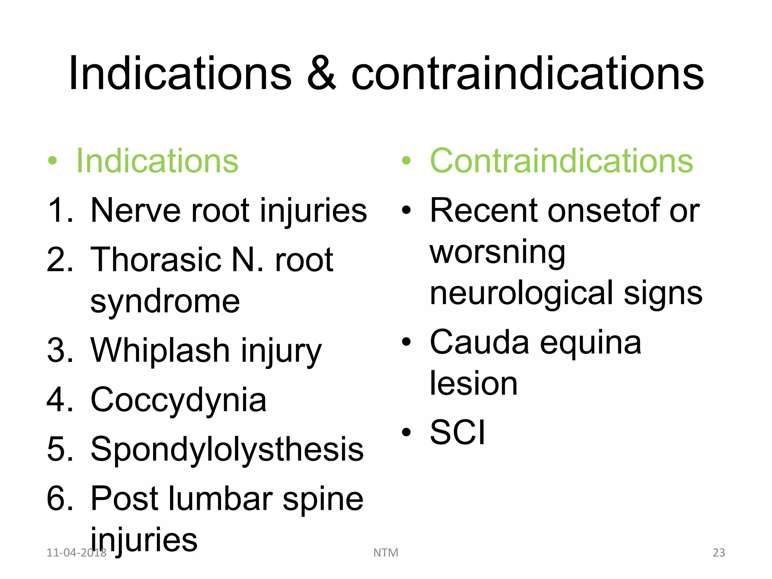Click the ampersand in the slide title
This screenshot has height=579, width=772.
click(x=321, y=74)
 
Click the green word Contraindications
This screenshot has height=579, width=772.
click(x=561, y=161)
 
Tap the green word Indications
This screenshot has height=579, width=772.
click(x=157, y=161)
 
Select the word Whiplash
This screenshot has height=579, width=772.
click(x=160, y=350)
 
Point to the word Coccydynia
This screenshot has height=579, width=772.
click(x=178, y=400)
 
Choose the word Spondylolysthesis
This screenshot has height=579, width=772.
click(x=227, y=449)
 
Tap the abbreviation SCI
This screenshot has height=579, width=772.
click(x=457, y=432)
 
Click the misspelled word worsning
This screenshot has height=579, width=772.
click(x=497, y=253)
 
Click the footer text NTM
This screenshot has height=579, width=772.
click(x=386, y=553)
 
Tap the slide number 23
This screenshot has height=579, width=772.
click(x=718, y=553)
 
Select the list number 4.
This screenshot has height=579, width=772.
click(x=58, y=400)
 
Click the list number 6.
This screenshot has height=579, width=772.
click(x=58, y=498)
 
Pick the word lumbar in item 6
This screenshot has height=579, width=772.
click(x=220, y=498)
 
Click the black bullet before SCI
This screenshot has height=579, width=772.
click(x=406, y=433)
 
